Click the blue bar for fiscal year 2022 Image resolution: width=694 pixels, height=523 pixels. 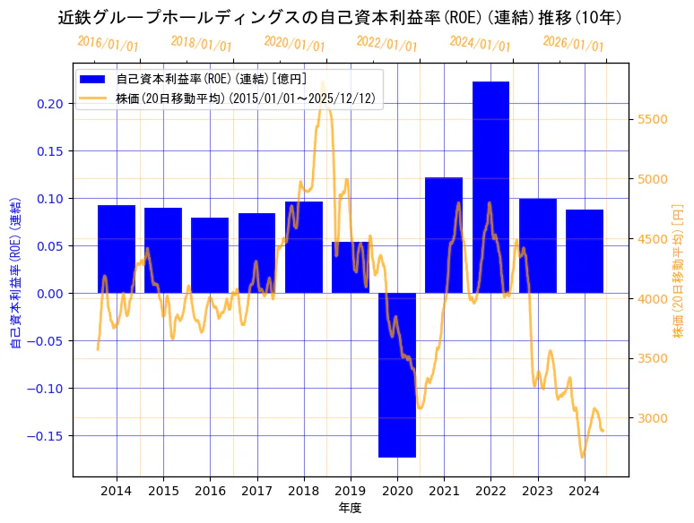[x=490, y=187]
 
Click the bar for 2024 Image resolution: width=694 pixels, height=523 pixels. [x=585, y=251]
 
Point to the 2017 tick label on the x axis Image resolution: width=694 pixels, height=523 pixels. [x=256, y=491]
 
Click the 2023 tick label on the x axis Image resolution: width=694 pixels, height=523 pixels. [x=537, y=491]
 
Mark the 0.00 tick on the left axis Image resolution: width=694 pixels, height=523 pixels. [x=50, y=294]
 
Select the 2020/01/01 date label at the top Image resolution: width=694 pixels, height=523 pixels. [x=295, y=44]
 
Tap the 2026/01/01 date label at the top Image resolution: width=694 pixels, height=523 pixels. [x=574, y=44]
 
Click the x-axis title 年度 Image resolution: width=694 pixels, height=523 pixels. [x=350, y=508]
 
